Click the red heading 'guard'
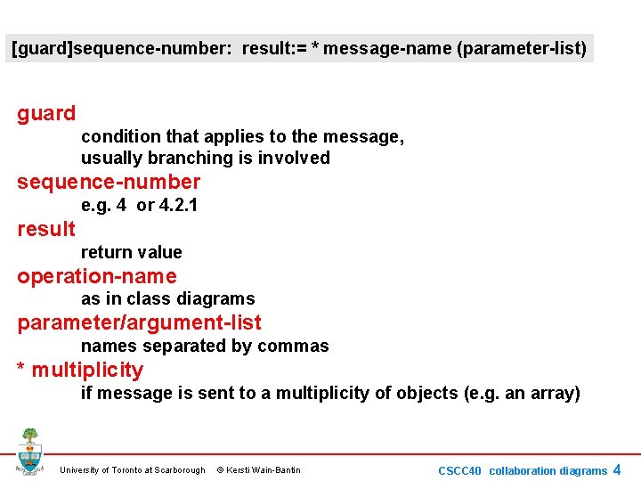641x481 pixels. pos(46,113)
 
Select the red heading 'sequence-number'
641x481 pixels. pos(109,182)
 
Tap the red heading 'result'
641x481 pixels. pos(46,229)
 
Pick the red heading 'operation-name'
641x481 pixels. pos(97,276)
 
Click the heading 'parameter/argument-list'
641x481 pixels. pos(139,322)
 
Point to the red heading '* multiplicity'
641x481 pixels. pos(80,370)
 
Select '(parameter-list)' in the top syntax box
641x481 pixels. pos(522,47)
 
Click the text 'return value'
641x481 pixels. pos(131,252)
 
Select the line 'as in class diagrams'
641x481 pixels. pos(167,298)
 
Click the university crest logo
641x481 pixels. pos(29,452)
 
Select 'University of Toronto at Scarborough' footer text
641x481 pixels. pos(132,470)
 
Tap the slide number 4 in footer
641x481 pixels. pos(617,469)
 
